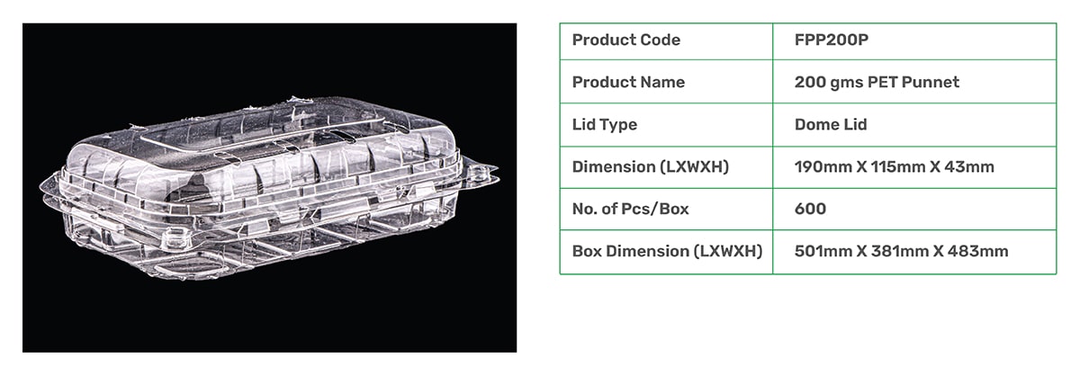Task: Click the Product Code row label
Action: pyautogui.click(x=625, y=40)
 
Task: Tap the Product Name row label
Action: pyautogui.click(x=628, y=83)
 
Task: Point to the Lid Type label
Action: pyautogui.click(x=605, y=125)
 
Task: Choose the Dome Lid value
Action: pyautogui.click(x=831, y=125)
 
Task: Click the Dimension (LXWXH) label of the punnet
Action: pyautogui.click(x=651, y=167)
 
